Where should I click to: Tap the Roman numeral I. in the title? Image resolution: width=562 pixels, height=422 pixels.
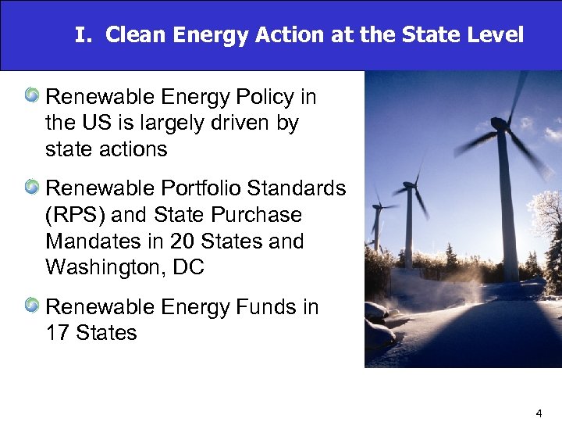tap(84, 36)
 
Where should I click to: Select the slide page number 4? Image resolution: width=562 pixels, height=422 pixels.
tap(539, 411)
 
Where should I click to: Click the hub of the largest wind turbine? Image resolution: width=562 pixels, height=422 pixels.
tap(497, 123)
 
